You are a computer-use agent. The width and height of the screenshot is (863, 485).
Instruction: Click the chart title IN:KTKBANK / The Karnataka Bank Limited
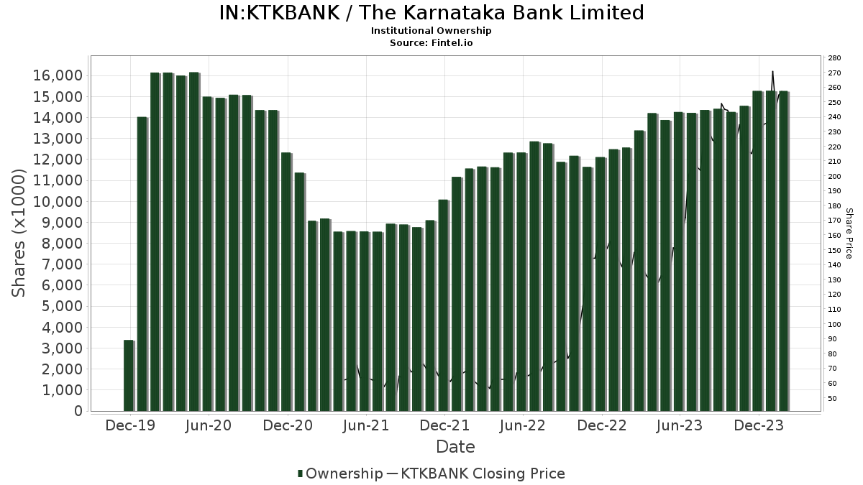click(x=431, y=13)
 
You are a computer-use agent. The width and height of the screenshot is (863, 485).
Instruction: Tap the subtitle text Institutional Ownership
click(x=431, y=31)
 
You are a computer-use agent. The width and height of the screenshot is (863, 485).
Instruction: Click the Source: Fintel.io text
click(x=431, y=43)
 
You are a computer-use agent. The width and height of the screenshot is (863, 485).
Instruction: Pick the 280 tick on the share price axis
click(x=835, y=58)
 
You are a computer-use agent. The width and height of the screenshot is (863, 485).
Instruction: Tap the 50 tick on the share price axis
click(x=832, y=398)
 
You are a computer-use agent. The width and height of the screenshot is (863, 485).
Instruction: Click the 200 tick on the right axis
click(x=835, y=176)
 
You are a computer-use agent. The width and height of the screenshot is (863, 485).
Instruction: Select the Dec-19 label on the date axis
click(x=130, y=426)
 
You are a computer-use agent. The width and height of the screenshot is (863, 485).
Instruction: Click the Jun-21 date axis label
click(x=366, y=426)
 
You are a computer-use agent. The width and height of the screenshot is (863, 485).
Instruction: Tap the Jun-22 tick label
click(x=523, y=426)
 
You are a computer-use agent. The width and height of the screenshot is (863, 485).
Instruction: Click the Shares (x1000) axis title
click(x=19, y=233)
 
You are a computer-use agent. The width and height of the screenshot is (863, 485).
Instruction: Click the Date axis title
click(x=455, y=447)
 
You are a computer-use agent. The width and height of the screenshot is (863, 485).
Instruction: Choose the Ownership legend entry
click(x=340, y=474)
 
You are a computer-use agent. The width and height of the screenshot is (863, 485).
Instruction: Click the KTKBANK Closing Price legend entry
click(x=482, y=474)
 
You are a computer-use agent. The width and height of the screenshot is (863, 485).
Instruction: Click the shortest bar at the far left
click(x=129, y=376)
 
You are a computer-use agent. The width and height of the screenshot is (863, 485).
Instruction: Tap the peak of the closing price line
click(x=772, y=71)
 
